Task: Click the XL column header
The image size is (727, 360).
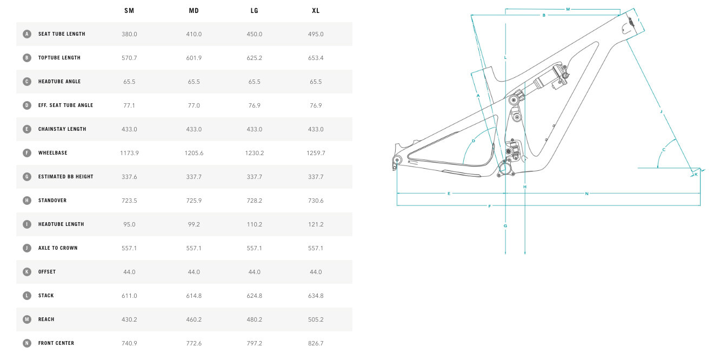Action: (x=316, y=11)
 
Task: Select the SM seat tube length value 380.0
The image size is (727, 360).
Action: (x=130, y=34)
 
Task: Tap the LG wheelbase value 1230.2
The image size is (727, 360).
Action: (x=254, y=153)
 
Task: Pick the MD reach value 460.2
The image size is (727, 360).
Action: (x=194, y=319)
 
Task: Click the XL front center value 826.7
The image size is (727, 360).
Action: (x=316, y=343)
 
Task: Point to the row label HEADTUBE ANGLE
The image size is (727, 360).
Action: (x=59, y=82)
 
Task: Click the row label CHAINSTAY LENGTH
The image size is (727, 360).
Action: (x=63, y=129)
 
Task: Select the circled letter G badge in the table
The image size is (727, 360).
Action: (x=27, y=177)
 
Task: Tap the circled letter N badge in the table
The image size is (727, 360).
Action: (x=27, y=343)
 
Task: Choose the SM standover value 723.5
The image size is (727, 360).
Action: (x=130, y=201)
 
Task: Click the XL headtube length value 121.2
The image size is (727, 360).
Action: (x=316, y=224)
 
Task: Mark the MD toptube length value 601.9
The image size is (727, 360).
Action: (x=194, y=58)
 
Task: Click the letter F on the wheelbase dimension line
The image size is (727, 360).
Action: (x=490, y=206)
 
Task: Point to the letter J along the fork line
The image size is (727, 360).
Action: (x=661, y=111)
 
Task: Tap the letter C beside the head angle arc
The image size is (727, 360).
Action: (x=664, y=150)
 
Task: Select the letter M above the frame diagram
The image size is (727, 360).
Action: (x=568, y=9)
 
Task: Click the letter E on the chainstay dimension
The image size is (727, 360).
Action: (x=449, y=193)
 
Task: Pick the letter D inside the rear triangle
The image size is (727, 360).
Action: (x=473, y=141)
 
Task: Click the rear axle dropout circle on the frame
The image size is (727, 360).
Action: (x=397, y=160)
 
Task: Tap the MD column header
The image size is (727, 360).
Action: (x=194, y=11)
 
